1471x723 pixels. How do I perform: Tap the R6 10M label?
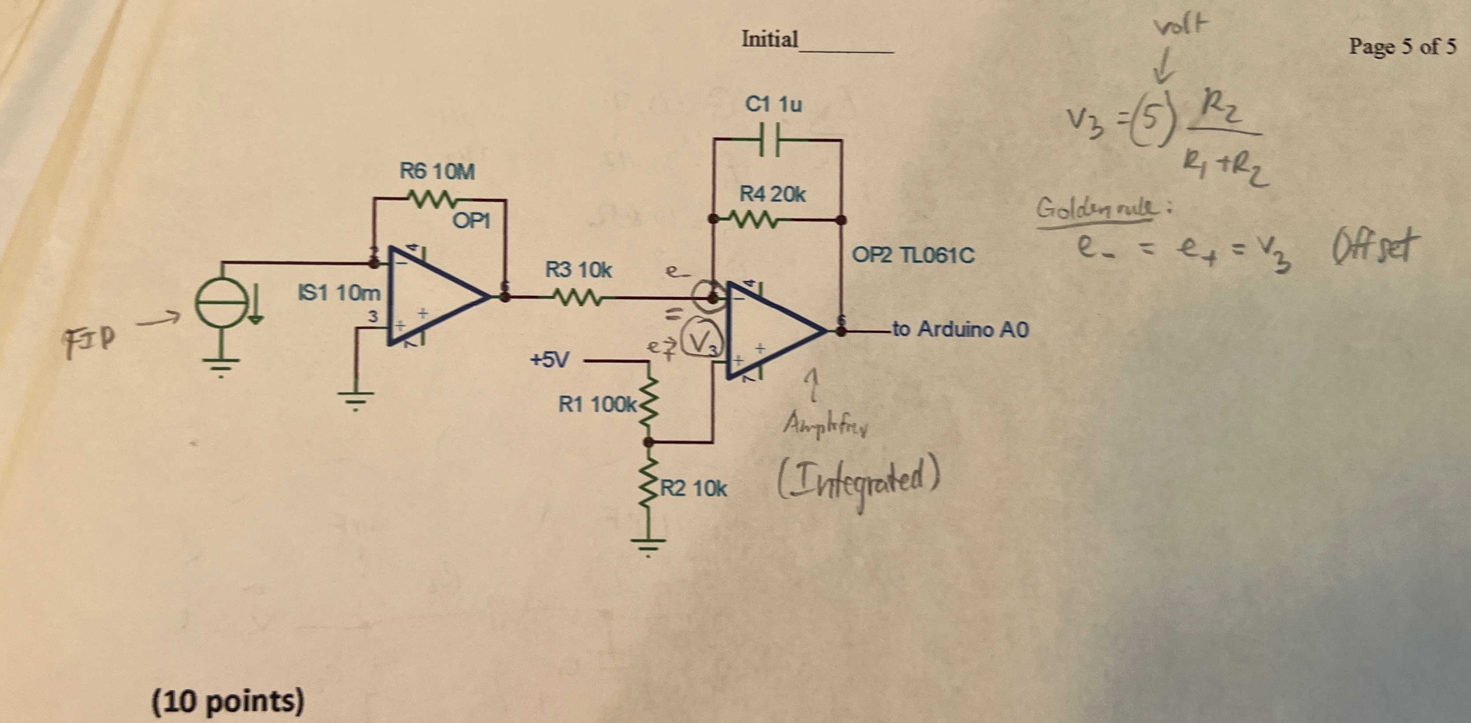click(437, 171)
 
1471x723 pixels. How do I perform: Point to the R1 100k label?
click(597, 405)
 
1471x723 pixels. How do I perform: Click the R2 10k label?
click(694, 489)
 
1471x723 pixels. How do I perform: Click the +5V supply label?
click(549, 360)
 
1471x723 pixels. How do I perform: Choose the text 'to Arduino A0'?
click(960, 330)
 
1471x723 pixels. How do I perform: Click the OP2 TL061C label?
click(913, 255)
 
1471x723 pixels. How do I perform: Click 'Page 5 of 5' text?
click(1402, 46)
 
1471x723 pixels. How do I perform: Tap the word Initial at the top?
click(770, 39)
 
